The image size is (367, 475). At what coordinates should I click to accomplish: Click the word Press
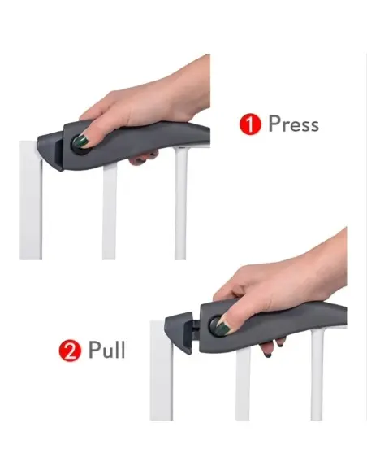(294, 124)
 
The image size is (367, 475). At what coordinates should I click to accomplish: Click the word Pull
(106, 350)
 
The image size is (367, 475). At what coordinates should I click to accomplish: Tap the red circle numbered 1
(250, 124)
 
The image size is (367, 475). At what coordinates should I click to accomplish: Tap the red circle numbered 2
(70, 351)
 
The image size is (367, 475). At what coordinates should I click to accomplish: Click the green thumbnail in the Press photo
(80, 141)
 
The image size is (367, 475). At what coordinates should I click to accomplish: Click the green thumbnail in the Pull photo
(222, 328)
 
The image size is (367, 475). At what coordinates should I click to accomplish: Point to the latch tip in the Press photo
(50, 151)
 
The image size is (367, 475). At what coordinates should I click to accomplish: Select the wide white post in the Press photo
(31, 200)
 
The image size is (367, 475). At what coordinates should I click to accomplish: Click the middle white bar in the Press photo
(109, 212)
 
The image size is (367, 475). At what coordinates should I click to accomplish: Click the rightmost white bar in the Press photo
(181, 203)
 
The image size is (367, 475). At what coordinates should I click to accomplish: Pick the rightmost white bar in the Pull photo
(317, 374)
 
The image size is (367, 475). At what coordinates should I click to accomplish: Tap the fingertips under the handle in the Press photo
(143, 158)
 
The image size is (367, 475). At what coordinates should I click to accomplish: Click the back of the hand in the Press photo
(151, 100)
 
